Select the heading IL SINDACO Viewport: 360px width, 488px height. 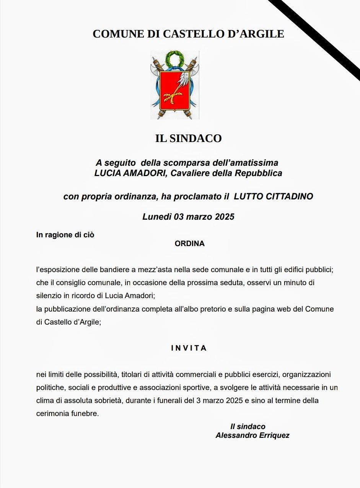(x=188, y=139)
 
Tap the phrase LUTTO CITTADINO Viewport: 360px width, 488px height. (x=274, y=197)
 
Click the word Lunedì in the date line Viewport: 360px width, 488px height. (x=157, y=217)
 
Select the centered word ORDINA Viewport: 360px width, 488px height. (x=189, y=243)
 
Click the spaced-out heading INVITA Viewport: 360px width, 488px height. (x=189, y=348)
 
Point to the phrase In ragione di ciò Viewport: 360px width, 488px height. (x=65, y=235)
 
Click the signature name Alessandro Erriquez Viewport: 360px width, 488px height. (x=252, y=435)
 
